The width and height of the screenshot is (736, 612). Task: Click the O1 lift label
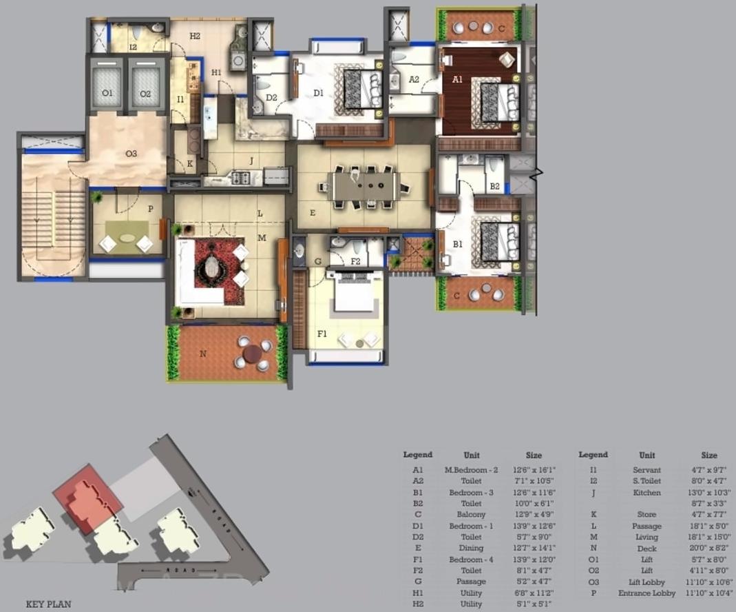[107, 94]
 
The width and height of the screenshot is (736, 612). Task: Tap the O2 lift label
[145, 94]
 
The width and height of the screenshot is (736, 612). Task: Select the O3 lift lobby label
[132, 154]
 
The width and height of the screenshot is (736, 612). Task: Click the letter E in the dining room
[313, 214]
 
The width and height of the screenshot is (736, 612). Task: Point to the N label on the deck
[202, 354]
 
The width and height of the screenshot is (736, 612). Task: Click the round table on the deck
[252, 353]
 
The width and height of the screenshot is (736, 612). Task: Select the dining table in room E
[364, 186]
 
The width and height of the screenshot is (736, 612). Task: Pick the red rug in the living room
[219, 271]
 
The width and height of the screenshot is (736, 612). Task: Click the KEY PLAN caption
[48, 604]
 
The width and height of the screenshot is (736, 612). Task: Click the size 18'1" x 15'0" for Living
[709, 537]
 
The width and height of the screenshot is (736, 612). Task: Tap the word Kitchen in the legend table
[646, 493]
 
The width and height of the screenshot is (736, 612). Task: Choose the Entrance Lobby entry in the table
[646, 593]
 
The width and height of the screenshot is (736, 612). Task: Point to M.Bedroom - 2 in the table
[471, 470]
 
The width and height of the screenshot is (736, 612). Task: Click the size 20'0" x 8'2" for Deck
[709, 549]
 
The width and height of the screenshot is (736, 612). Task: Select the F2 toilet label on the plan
[355, 261]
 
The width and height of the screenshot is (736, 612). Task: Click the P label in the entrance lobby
[150, 208]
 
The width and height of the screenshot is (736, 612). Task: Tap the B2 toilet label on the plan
[494, 186]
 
